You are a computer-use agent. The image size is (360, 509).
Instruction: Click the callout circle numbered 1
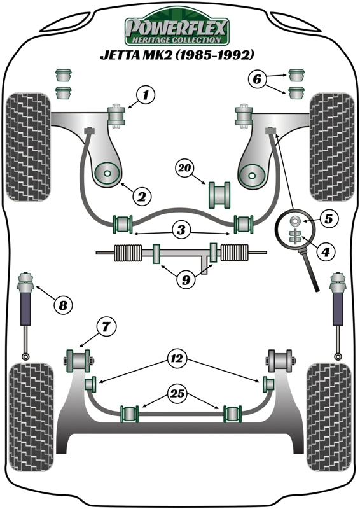(146, 96)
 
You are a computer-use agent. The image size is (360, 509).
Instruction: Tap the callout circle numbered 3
(182, 228)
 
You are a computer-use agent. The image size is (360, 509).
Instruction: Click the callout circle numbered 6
(256, 80)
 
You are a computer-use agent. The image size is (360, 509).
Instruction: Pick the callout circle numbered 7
(106, 327)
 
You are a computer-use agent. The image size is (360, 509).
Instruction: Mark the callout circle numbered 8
(62, 306)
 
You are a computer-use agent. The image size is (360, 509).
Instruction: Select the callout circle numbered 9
(184, 278)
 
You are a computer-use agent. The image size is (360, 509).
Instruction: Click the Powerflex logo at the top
(176, 29)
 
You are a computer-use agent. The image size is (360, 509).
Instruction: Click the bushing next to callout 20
(218, 194)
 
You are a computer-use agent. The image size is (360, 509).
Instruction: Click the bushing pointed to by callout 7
(79, 359)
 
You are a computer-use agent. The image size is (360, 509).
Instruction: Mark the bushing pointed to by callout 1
(118, 117)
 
